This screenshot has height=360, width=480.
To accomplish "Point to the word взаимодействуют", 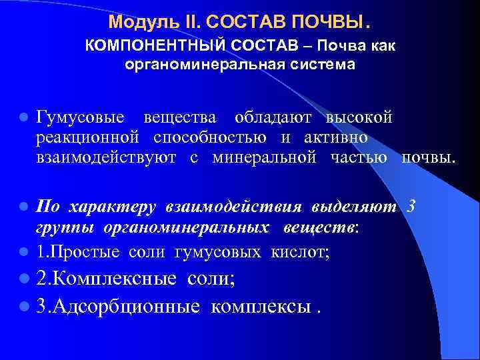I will pos(107,157).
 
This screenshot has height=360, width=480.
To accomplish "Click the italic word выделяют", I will pos(358,207).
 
